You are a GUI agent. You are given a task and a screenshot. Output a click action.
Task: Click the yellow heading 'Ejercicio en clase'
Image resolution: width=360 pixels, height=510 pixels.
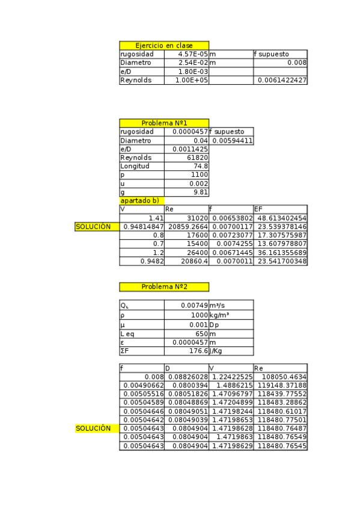point(163,46)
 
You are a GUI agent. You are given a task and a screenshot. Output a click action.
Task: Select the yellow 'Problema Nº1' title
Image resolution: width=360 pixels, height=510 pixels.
point(163,123)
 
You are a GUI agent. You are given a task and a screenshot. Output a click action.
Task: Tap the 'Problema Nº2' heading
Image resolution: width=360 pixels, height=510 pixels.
point(163,287)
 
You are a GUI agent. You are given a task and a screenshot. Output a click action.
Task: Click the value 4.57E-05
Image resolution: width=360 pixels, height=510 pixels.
point(192,54)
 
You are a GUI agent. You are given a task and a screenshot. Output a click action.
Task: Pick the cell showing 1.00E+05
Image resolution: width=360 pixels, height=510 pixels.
point(192,80)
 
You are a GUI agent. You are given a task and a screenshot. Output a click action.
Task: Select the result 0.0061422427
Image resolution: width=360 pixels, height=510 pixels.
point(282,80)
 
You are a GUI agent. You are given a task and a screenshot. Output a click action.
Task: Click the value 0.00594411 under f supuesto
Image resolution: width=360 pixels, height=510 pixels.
point(232,141)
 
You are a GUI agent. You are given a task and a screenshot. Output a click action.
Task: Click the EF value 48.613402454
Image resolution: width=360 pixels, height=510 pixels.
point(281,218)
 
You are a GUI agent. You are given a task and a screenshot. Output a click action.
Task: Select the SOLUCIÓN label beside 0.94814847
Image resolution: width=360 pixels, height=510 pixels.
point(93,227)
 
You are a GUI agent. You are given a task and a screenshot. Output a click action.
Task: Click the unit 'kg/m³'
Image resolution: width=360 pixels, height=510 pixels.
point(222,315)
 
